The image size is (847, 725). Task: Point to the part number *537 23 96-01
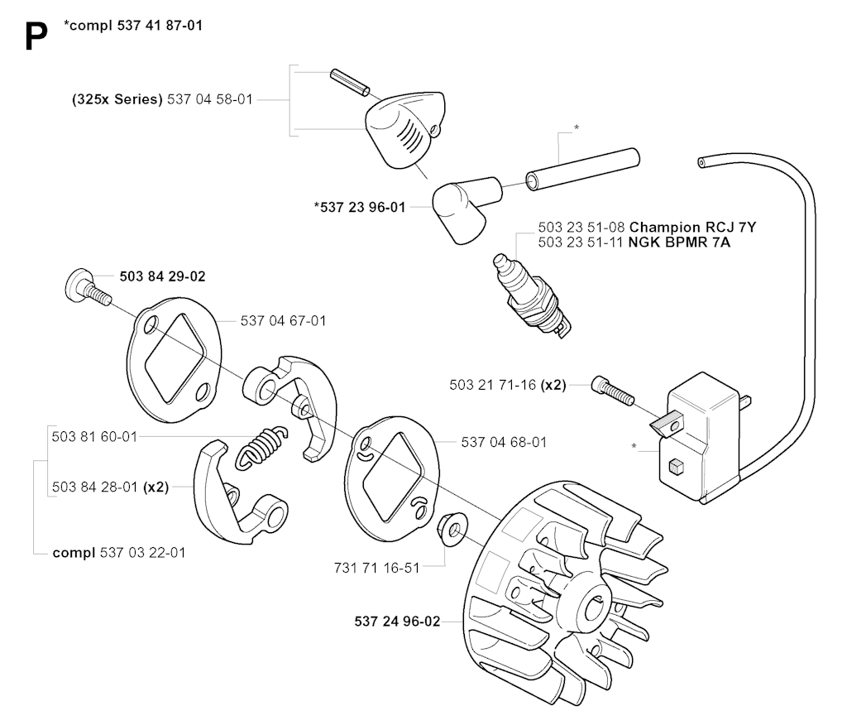(359, 208)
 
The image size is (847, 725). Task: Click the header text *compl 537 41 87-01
(132, 26)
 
